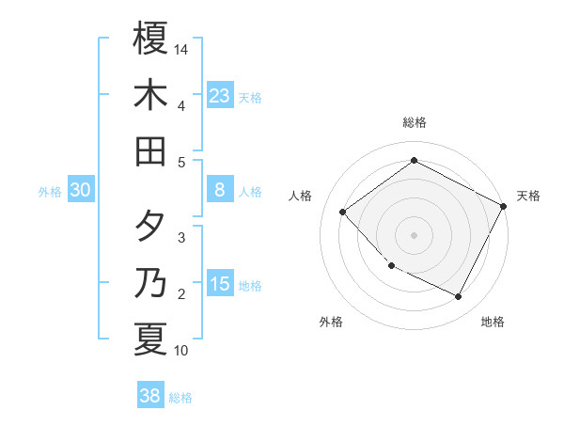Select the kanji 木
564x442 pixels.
pyautogui.click(x=150, y=95)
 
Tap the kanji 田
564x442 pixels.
pyautogui.click(x=150, y=150)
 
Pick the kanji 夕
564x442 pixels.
pyautogui.click(x=150, y=227)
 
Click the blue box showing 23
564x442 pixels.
pyautogui.click(x=219, y=95)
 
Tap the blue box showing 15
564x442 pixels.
pyautogui.click(x=219, y=284)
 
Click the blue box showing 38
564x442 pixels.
pyautogui.click(x=150, y=396)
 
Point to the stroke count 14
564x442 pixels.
pyautogui.click(x=182, y=48)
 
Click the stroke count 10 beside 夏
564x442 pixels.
pyautogui.click(x=181, y=351)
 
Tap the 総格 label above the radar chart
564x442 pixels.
pyautogui.click(x=414, y=122)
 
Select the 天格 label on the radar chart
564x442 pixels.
pyautogui.click(x=528, y=196)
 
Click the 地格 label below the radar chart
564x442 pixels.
pyautogui.click(x=493, y=322)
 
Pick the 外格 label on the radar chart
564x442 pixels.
pyautogui.click(x=331, y=322)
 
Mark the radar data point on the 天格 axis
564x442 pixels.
pyautogui.click(x=504, y=206)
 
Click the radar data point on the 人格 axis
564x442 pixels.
pyautogui.click(x=343, y=212)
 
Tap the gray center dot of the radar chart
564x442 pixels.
pyautogui.click(x=414, y=234)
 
